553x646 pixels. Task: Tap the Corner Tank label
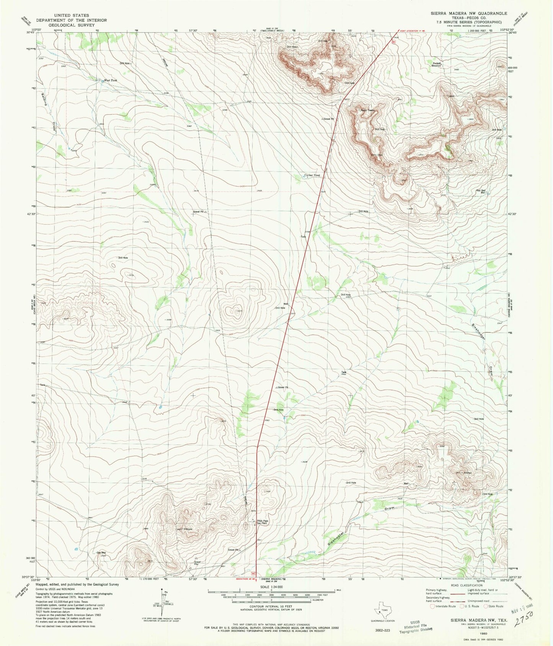point(312,175)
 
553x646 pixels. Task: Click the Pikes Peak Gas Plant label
point(263,522)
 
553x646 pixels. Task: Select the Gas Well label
point(101,553)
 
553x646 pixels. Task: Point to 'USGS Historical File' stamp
point(416,625)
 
